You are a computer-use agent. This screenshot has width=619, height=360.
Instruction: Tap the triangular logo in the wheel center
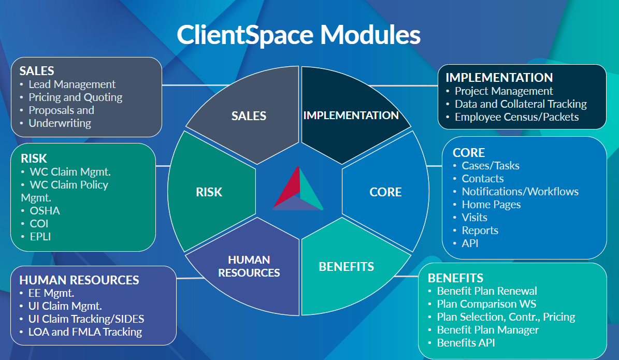tap(298, 189)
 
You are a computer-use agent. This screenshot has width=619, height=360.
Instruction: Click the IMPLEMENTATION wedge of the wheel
tap(351, 115)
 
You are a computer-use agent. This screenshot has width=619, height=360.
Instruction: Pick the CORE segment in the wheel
tap(385, 192)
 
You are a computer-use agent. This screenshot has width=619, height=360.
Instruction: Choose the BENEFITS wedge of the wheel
tap(347, 267)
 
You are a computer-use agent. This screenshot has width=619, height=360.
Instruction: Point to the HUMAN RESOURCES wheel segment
tap(249, 266)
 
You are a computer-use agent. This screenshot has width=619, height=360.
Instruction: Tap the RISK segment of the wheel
tap(209, 192)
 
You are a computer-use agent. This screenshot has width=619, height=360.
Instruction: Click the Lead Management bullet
tap(72, 84)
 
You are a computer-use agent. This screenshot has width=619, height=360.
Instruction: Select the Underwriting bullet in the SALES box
tap(60, 123)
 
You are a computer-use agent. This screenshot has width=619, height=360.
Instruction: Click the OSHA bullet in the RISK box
tap(45, 211)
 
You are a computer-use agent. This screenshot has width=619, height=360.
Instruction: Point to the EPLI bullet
tap(40, 237)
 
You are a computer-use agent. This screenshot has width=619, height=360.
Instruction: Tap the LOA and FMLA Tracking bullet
tap(85, 332)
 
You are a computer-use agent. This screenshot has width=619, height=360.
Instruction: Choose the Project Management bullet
tap(503, 91)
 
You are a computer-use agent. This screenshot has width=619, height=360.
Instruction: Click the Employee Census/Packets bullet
tap(516, 117)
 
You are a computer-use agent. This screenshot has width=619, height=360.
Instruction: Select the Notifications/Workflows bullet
tap(520, 192)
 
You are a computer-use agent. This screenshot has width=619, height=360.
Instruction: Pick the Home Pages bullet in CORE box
tap(491, 205)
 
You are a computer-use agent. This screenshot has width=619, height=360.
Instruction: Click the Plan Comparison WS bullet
tap(486, 304)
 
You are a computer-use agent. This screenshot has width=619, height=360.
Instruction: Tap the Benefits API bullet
tap(466, 343)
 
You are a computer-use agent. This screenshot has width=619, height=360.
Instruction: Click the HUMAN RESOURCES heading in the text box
tap(79, 280)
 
